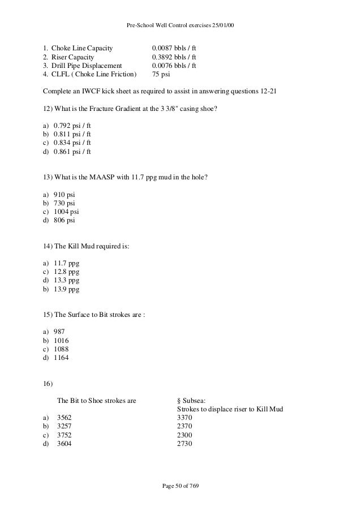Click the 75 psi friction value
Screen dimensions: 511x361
click(x=162, y=75)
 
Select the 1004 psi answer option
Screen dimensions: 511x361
click(x=66, y=211)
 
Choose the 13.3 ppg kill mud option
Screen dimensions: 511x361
click(x=66, y=280)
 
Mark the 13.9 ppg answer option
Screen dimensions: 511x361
click(x=66, y=289)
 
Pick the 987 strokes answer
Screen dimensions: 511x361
click(x=59, y=331)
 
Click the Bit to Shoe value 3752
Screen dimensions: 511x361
click(x=65, y=435)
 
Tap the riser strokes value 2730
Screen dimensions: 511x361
click(x=185, y=444)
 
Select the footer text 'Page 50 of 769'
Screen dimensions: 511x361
click(x=180, y=487)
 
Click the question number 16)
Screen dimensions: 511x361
click(x=48, y=384)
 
